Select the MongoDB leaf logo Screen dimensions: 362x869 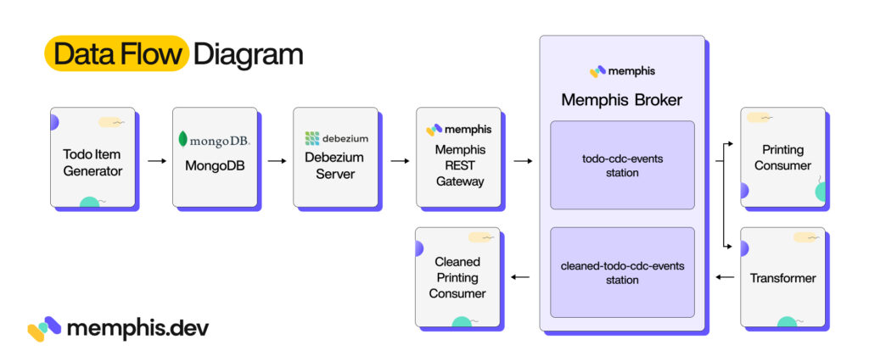[183, 139]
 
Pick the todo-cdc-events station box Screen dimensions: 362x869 [622, 164]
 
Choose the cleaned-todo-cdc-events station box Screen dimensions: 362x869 [622, 272]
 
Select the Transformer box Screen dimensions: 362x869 [782, 277]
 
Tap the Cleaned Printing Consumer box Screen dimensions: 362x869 [457, 277]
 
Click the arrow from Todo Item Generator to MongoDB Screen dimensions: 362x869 [156, 159]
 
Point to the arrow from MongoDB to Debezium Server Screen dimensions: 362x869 [278, 159]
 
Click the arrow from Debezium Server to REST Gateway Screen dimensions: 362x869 [399, 159]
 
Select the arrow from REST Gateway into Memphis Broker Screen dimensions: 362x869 [522, 159]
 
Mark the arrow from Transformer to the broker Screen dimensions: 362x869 [724, 277]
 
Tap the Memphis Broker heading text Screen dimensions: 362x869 [621, 100]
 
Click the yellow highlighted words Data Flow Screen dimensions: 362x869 [117, 54]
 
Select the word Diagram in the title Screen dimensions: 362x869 [248, 54]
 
